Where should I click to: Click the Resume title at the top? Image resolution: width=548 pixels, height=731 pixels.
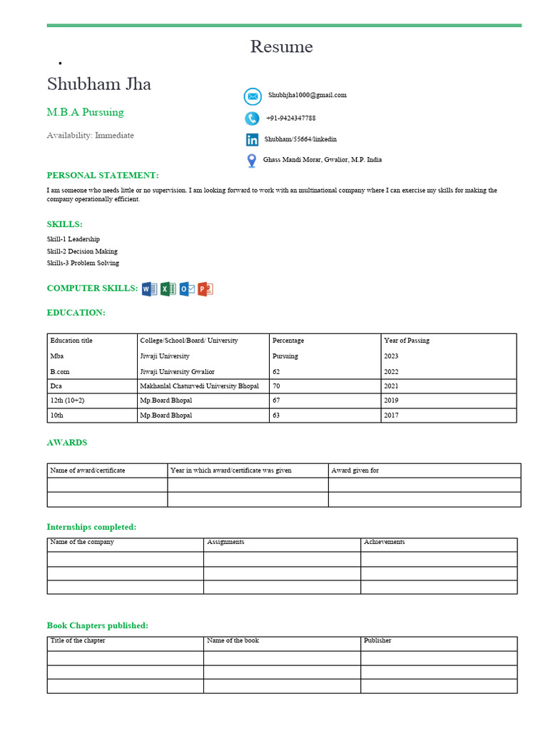click(281, 47)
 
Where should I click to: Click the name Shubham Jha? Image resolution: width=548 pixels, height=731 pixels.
click(99, 84)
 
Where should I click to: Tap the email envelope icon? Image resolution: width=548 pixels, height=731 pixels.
click(253, 96)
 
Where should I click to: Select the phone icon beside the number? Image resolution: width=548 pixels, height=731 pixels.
click(252, 119)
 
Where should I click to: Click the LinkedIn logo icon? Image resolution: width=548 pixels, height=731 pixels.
click(252, 140)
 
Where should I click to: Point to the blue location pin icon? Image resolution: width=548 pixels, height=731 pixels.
click(251, 161)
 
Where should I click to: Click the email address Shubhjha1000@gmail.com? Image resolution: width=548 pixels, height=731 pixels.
click(308, 95)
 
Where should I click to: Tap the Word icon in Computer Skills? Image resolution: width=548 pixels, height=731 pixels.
click(149, 289)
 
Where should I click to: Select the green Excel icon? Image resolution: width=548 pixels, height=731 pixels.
click(168, 289)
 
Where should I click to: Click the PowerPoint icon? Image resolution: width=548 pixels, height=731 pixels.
click(205, 289)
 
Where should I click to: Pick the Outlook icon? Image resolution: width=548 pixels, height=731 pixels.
click(187, 289)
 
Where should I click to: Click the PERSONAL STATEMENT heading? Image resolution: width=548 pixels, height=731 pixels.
click(103, 176)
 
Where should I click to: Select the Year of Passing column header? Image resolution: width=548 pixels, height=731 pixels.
click(407, 341)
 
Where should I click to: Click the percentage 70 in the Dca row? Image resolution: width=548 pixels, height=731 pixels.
click(276, 386)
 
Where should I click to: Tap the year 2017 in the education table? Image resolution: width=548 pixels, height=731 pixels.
click(391, 415)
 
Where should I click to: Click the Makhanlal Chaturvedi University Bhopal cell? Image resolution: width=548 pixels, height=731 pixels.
click(199, 386)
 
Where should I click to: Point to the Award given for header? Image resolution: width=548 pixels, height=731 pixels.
click(355, 470)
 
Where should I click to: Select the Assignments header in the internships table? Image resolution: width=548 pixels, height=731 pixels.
click(225, 543)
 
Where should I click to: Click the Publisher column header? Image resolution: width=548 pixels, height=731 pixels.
click(377, 641)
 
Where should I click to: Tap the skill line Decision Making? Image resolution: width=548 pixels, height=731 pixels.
click(82, 251)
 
